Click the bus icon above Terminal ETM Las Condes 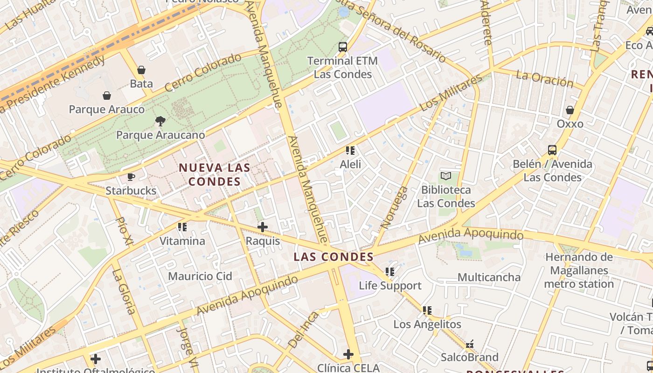(343, 47)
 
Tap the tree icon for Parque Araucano (160, 121)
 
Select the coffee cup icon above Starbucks (131, 177)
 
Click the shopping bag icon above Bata (141, 70)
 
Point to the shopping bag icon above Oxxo (570, 110)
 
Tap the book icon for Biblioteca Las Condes (446, 176)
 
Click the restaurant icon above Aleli (350, 151)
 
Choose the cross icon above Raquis (263, 227)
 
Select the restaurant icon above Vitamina (182, 227)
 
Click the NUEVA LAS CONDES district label (215, 174)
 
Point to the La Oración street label (544, 79)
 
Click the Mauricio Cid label (200, 276)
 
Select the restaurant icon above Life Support (390, 271)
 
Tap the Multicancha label (489, 277)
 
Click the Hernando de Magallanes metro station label (578, 270)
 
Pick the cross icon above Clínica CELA (348, 354)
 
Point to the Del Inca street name (303, 330)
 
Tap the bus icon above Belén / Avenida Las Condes (552, 150)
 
